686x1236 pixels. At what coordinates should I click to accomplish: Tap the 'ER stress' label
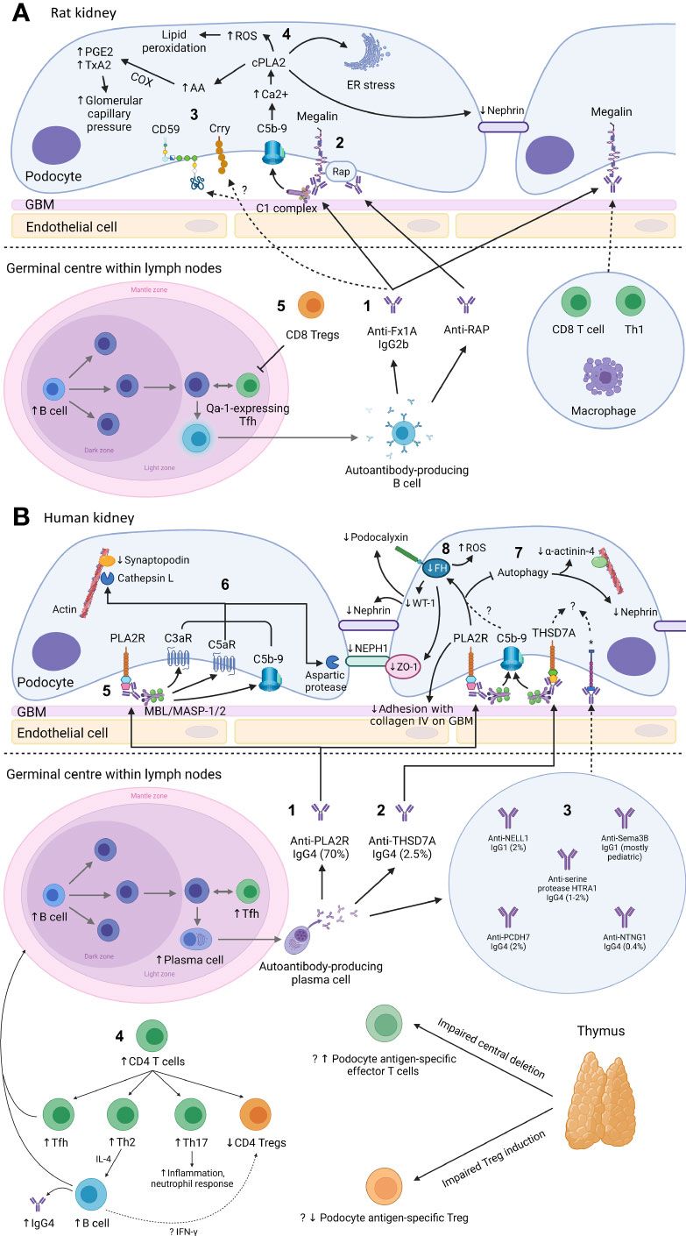click(371, 85)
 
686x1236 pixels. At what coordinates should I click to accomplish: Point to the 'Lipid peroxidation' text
click(166, 41)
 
